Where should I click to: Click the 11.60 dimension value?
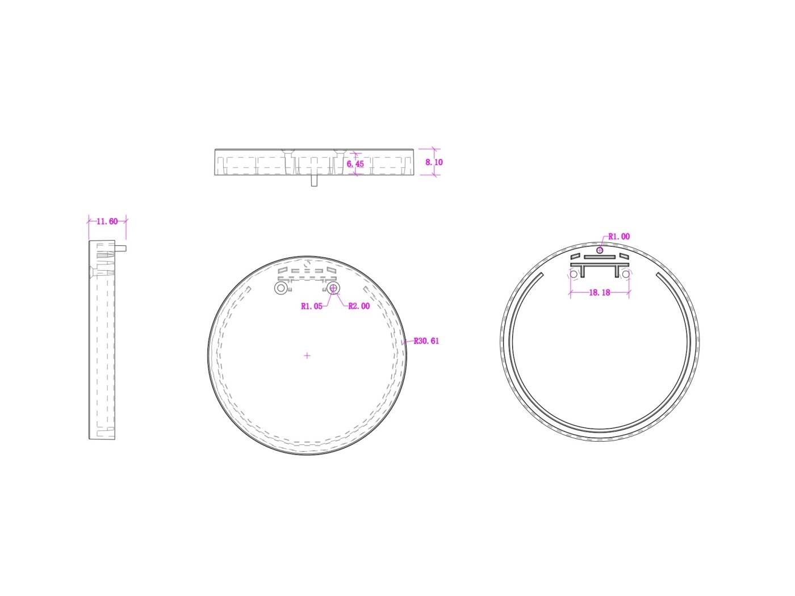coord(107,221)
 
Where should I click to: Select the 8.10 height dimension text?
coord(434,162)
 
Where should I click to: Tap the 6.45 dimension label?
coord(355,164)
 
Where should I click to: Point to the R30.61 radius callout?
coord(426,341)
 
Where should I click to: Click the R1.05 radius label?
coord(312,307)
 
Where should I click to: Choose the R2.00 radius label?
coord(359,306)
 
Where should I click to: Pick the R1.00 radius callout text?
coord(619,237)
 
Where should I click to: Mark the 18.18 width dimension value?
coord(600,292)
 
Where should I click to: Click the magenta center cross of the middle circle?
coord(307,356)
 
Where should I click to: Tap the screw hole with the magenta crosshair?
coord(333,288)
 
